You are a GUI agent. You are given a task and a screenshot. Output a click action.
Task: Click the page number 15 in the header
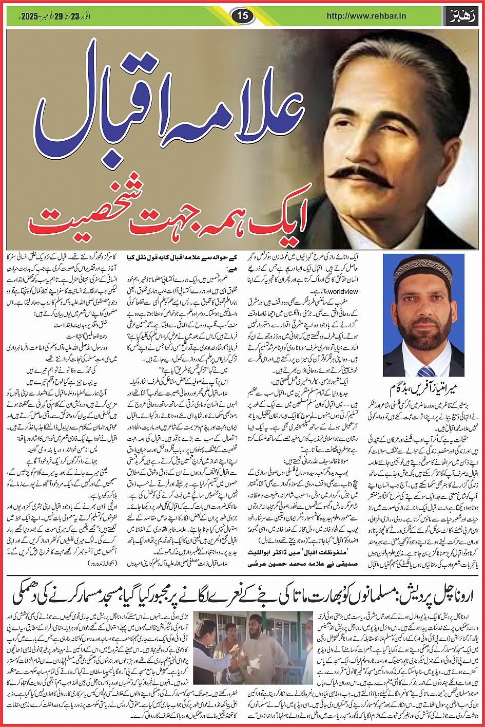[x=243, y=16]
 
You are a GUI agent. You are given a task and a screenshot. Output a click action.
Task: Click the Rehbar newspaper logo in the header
[x=461, y=16]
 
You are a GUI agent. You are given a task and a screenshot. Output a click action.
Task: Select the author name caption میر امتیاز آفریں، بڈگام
[x=423, y=387]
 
